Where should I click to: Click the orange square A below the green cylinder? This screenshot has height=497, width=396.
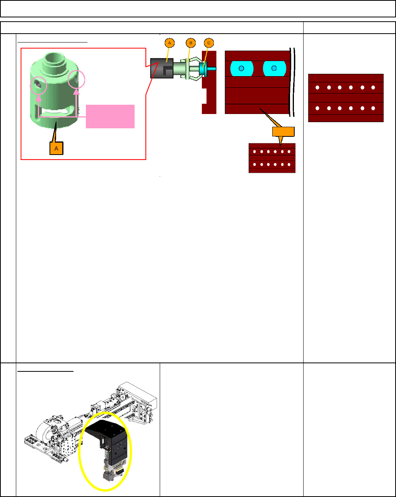pyautogui.click(x=57, y=148)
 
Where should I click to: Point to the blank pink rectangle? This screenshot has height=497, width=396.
pyautogui.click(x=110, y=116)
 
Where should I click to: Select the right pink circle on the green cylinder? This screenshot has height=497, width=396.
pyautogui.click(x=76, y=80)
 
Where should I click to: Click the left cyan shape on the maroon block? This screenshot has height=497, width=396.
pyautogui.click(x=241, y=68)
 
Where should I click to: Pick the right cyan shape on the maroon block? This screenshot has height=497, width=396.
pyautogui.click(x=274, y=68)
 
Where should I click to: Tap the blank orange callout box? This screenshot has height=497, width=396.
pyautogui.click(x=283, y=132)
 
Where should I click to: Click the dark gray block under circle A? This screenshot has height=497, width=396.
pyautogui.click(x=162, y=68)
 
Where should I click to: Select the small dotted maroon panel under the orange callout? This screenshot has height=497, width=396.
pyautogui.click(x=272, y=158)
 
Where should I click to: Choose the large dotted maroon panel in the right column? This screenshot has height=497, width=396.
pyautogui.click(x=346, y=98)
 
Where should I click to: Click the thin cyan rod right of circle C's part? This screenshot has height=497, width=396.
pyautogui.click(x=212, y=68)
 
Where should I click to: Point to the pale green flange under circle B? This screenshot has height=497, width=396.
pyautogui.click(x=187, y=69)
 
